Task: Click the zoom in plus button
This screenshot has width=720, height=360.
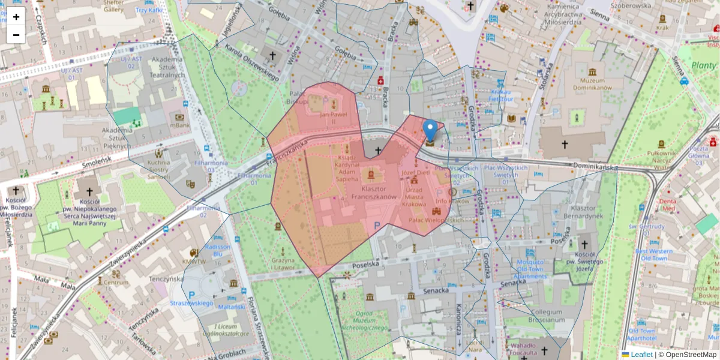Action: [x=16, y=17]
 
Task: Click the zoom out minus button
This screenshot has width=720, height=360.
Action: [x=16, y=35]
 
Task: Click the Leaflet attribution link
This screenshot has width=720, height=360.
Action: [x=641, y=355]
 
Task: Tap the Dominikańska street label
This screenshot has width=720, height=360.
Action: [x=594, y=165]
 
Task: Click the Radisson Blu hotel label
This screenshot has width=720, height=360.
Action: [x=217, y=250]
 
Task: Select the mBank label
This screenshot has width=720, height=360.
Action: [x=179, y=126]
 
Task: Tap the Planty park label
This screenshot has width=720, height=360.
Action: [x=703, y=65]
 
